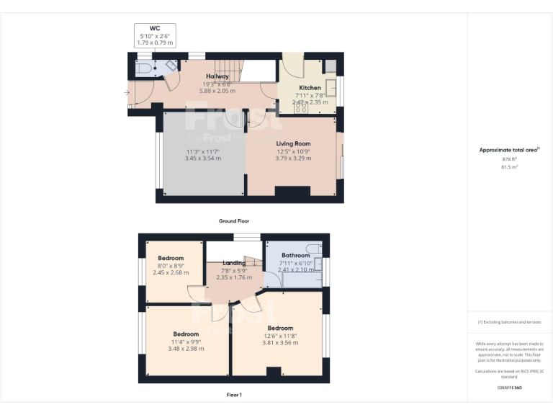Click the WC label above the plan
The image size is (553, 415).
154,28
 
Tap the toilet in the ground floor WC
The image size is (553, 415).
143,69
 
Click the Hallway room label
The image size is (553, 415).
217,76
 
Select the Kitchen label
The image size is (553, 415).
310,88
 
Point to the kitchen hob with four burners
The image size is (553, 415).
300,108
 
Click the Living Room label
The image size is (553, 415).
293,144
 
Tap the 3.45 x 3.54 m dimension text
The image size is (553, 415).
202,158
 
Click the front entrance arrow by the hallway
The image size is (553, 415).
127,92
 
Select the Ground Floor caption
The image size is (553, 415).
234,220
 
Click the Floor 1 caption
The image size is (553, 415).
234,394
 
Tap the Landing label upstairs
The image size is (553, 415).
234,263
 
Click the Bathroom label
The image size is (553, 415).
295,255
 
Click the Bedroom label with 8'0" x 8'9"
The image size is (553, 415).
171,258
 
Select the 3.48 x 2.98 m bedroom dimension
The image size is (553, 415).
186,349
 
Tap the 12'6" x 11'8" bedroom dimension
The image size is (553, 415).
280,335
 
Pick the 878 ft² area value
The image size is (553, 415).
509,159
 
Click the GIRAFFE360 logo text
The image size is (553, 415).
509,388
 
